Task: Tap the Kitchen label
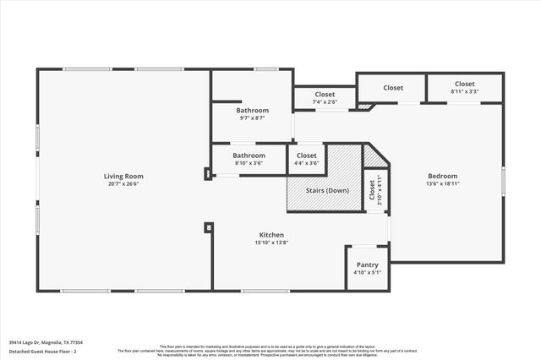coord(271,235)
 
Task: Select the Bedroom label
coord(442,176)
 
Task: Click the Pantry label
coord(368,265)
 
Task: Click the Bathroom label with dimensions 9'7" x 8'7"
coord(252,111)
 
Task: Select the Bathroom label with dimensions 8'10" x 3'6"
coord(249,155)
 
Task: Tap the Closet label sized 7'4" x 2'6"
coord(325,95)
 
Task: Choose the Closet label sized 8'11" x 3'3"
coord(464,84)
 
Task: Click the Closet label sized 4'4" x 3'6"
coord(307,155)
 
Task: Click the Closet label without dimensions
coord(393,88)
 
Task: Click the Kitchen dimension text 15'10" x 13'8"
coord(271,243)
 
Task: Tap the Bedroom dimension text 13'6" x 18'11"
coord(442,183)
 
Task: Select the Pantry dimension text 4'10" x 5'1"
coord(368,272)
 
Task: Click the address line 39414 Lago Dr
coord(53,343)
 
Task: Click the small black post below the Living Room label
coord(207,226)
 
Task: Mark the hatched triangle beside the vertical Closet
coord(373,157)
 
